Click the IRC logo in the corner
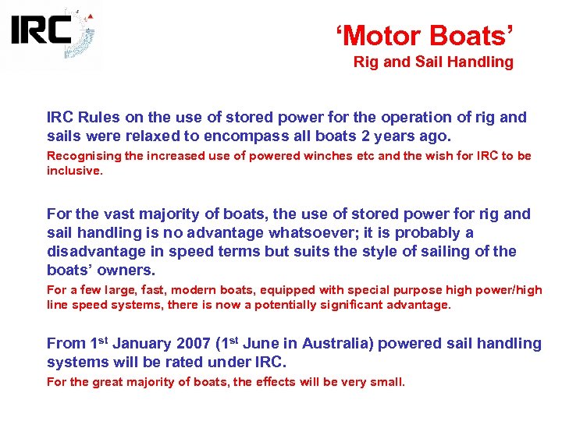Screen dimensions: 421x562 pyautogui.click(x=52, y=35)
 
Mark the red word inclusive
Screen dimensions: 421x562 pyautogui.click(x=73, y=169)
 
